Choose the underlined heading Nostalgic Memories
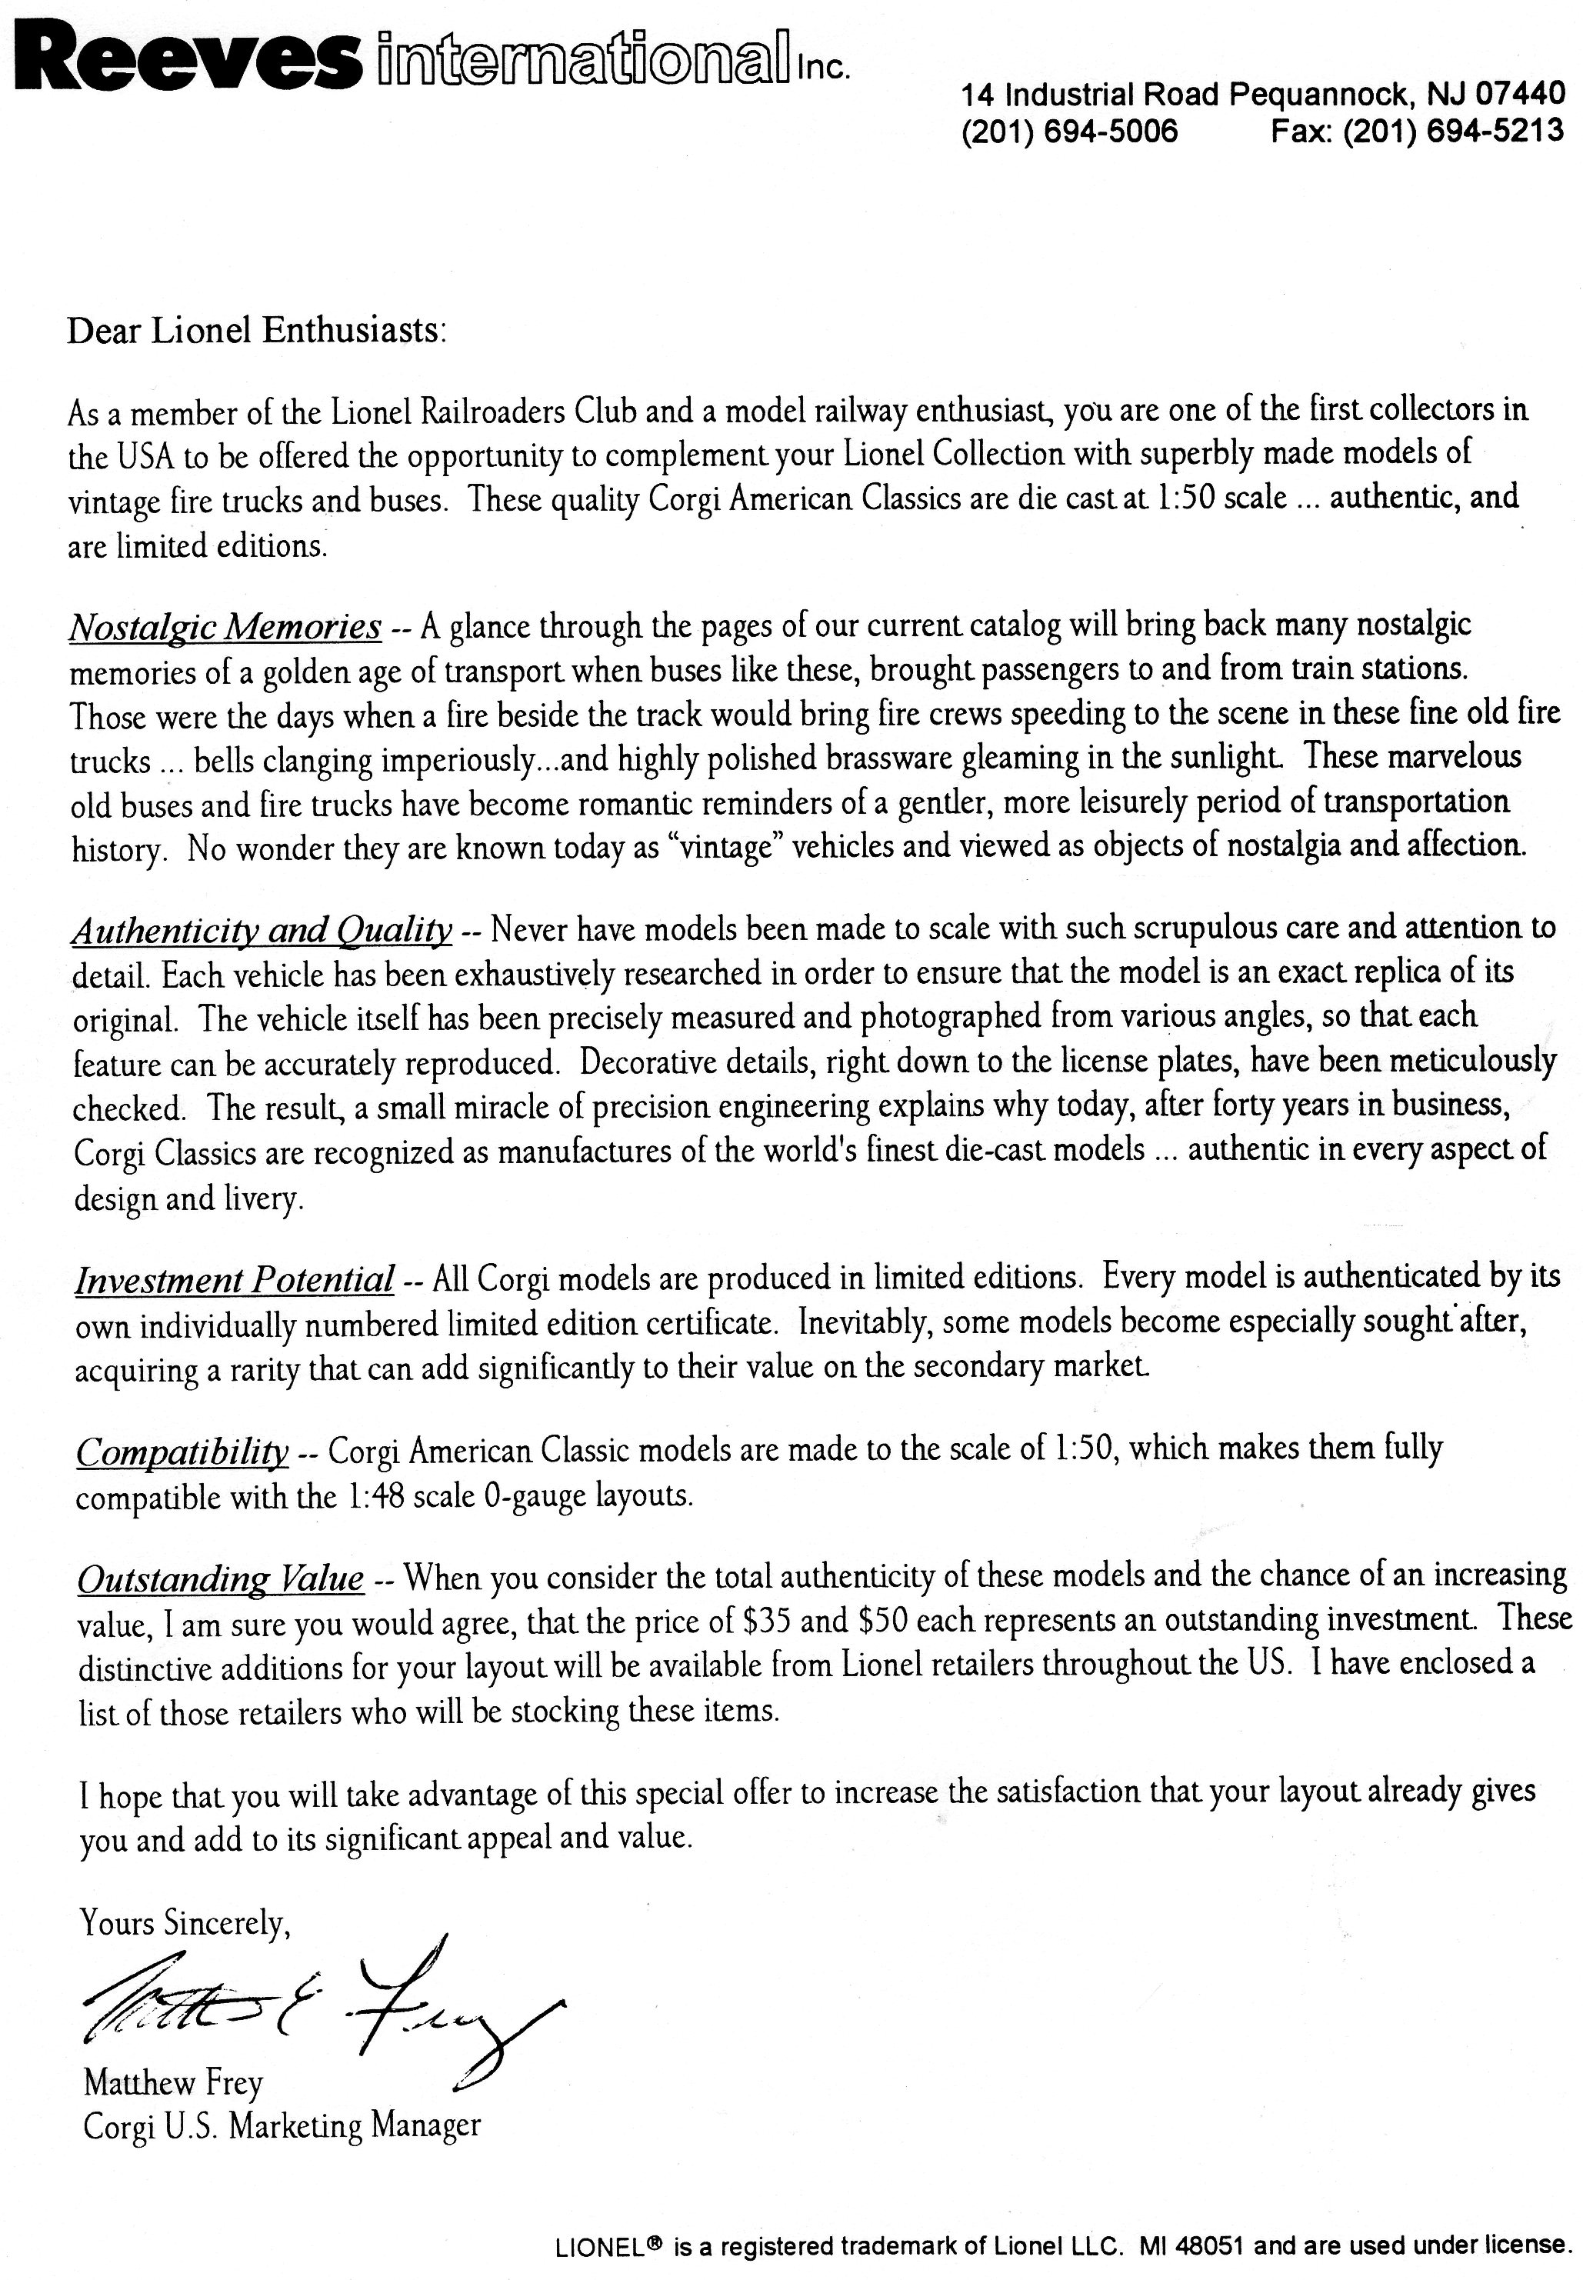tap(225, 627)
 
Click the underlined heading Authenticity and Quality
tap(262, 930)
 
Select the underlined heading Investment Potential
tap(235, 1279)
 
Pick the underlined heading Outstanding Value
tap(220, 1578)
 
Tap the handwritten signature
tap(318, 2003)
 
